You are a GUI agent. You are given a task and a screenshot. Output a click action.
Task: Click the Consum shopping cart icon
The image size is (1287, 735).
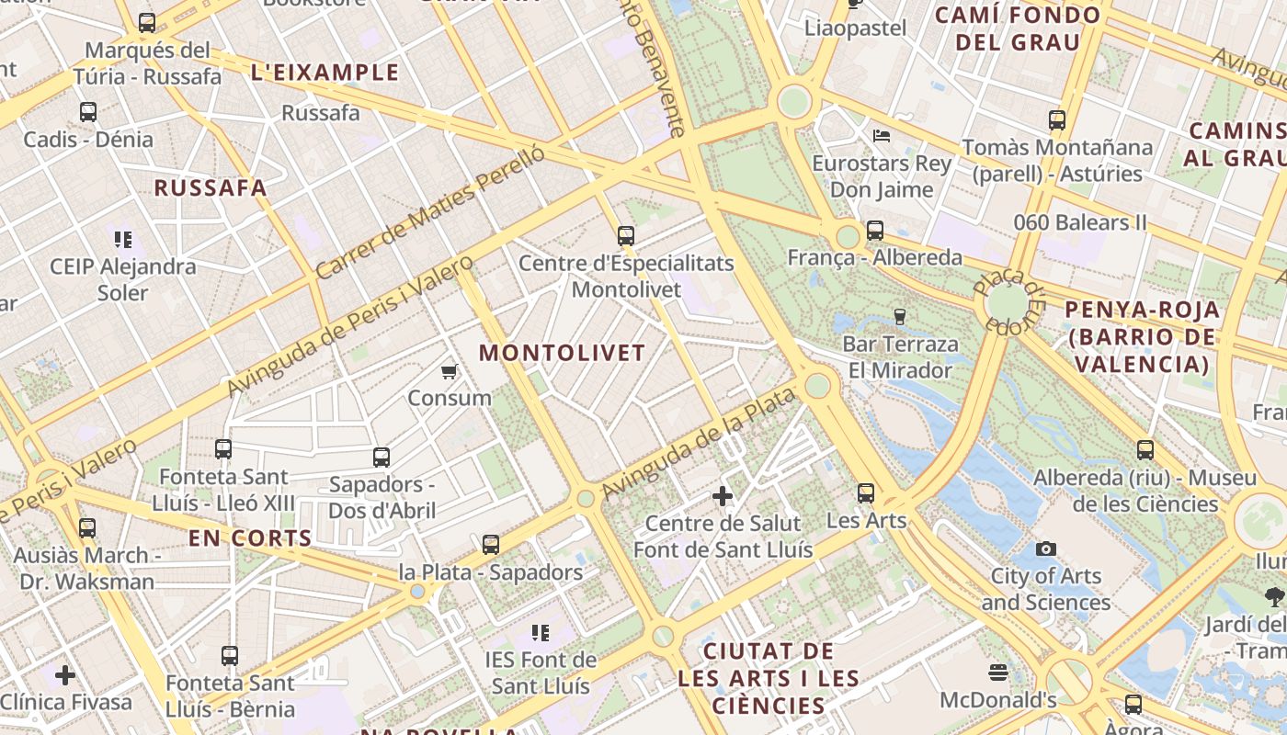(450, 371)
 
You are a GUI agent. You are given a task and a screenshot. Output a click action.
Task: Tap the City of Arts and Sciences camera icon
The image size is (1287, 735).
(1045, 548)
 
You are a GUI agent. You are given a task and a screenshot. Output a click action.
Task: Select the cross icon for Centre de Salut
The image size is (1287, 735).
(723, 496)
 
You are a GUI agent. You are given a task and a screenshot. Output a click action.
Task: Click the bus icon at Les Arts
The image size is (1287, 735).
(866, 493)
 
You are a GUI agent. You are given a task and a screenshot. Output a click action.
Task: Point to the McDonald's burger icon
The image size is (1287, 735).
(998, 673)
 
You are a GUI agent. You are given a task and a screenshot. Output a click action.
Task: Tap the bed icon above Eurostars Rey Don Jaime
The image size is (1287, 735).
(882, 136)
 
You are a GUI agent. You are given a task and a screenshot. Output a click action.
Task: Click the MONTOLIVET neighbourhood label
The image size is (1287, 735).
(562, 353)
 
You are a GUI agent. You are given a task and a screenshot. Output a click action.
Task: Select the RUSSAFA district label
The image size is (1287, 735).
(210, 188)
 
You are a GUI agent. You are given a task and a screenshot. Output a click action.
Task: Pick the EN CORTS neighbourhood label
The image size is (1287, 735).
(250, 538)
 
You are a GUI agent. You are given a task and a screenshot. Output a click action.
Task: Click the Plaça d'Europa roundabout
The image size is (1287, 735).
(1008, 302)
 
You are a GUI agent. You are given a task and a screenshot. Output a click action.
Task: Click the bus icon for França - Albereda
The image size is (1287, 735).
(874, 231)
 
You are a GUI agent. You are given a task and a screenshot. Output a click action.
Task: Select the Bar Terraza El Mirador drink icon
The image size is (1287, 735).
(899, 317)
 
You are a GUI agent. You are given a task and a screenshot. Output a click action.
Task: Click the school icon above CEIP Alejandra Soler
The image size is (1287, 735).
(123, 240)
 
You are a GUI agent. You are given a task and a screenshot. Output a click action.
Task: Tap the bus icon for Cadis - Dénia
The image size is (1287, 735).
(88, 112)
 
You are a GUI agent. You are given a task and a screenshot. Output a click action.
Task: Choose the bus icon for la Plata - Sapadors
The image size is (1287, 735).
(491, 545)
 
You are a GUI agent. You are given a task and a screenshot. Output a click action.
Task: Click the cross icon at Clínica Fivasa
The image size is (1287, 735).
(65, 675)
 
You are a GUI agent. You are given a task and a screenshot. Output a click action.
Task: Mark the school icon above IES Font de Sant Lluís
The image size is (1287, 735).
(541, 633)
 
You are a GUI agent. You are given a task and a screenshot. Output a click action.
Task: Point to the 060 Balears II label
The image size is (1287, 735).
(1080, 222)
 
